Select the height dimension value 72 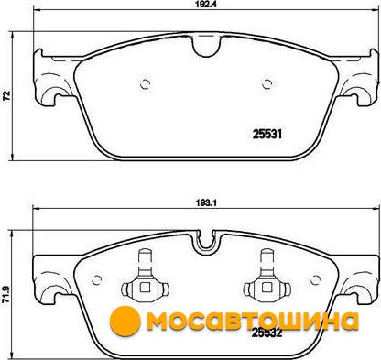(6, 95)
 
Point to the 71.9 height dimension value (5, 295)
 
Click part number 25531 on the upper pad (267, 135)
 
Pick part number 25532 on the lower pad (267, 333)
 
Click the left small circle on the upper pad (146, 84)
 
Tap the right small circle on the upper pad (267, 84)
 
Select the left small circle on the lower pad (97, 279)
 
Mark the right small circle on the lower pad (316, 279)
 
